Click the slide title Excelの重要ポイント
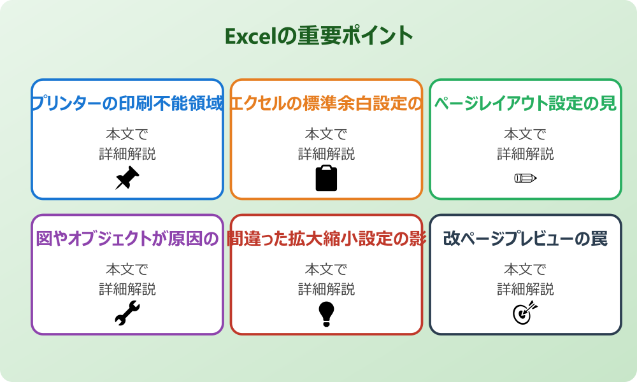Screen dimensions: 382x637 pos(318,36)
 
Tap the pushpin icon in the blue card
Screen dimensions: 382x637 pos(127,178)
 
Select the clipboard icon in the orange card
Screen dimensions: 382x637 pos(326,178)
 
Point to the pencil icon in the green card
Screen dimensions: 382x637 pos(526,178)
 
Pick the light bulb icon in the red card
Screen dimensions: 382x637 pos(326,313)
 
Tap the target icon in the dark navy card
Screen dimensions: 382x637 pos(526,313)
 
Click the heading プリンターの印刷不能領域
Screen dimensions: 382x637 pos(127,104)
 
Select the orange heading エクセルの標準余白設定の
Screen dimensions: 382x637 pos(326,104)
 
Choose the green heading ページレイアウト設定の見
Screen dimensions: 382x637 pos(526,104)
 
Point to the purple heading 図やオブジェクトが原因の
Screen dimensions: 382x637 pos(127,239)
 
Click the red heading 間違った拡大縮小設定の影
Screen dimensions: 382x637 pos(326,239)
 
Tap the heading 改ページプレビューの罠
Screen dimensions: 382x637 pos(526,239)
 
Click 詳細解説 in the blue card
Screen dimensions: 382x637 pos(127,153)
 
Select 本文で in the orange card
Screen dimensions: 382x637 pos(326,134)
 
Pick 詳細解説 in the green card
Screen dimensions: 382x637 pos(526,153)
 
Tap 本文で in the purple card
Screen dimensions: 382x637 pos(127,270)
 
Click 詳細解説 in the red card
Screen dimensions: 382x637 pos(326,289)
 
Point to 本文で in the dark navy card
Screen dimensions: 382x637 pos(526,270)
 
